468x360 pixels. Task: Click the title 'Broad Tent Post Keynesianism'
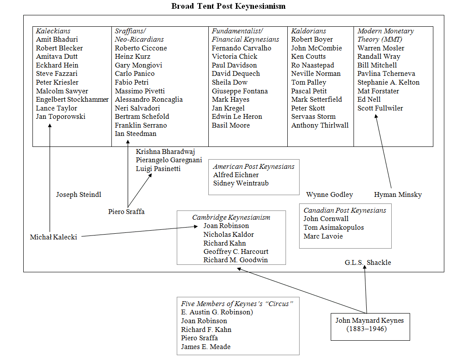coord(229,6)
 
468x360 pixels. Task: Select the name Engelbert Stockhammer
coord(72,100)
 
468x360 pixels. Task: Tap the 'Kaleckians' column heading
coord(53,31)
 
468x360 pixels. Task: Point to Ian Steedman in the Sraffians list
coord(136,134)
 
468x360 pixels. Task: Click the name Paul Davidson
coord(234,65)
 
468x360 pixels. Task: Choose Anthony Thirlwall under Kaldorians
coord(320,125)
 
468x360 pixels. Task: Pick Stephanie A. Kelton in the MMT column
coord(388,82)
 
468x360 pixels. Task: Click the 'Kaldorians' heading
coord(309,31)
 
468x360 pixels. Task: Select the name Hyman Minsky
coord(398,195)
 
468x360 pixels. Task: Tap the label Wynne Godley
coord(329,195)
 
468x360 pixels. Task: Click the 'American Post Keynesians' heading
coord(254,167)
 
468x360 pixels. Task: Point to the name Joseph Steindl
coord(79,195)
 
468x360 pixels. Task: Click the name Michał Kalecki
coord(54,237)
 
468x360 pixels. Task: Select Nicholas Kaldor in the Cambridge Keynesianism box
coord(229,235)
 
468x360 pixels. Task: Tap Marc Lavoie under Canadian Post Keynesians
coord(323,236)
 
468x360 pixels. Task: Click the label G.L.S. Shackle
coord(368,262)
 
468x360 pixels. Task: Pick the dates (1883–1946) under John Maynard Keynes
coord(367,329)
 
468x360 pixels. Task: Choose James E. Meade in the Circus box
coord(206,347)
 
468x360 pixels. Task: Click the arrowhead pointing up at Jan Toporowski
coord(50,126)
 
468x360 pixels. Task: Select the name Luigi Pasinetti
coord(158,169)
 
